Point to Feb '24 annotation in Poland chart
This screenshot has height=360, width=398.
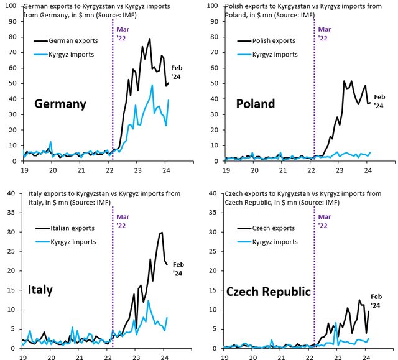[380, 101]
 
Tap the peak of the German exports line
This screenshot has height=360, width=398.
[150, 39]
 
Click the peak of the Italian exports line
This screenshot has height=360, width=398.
[162, 233]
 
